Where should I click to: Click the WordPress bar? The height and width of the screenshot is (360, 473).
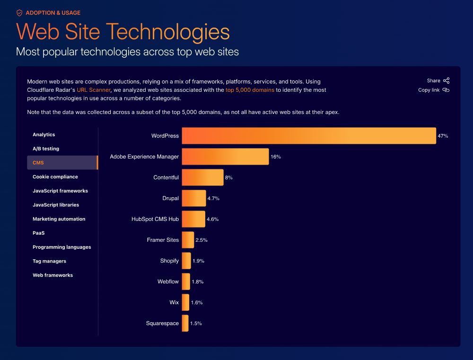tap(308, 136)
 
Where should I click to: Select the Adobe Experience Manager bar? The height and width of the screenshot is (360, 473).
tap(225, 157)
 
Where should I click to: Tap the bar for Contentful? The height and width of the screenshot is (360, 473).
tap(202, 177)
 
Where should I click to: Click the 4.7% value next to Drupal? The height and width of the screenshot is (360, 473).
tap(213, 198)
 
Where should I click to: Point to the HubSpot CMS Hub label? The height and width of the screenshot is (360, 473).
tap(155, 219)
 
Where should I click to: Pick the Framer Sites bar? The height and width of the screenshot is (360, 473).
tap(188, 240)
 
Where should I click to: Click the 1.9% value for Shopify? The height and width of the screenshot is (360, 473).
tap(198, 261)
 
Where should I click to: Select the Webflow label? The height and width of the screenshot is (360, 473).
tap(168, 281)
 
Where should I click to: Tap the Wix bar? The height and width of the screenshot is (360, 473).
tap(185, 302)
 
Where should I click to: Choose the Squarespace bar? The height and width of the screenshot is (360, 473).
tap(185, 323)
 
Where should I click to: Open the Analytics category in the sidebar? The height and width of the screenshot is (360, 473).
tap(44, 135)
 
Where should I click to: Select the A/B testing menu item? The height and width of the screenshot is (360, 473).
tap(46, 149)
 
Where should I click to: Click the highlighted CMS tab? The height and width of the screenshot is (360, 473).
tap(61, 163)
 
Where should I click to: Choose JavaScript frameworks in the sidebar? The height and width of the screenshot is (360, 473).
tap(60, 191)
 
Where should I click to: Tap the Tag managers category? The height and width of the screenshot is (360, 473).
tap(49, 261)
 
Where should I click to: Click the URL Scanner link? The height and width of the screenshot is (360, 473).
tap(94, 90)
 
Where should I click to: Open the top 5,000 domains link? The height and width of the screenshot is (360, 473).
tap(250, 90)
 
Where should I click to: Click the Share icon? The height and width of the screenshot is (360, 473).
tap(446, 81)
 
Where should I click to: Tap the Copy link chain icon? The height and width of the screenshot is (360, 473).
tap(446, 90)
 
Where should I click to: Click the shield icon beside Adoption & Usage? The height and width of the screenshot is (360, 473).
tap(19, 13)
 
